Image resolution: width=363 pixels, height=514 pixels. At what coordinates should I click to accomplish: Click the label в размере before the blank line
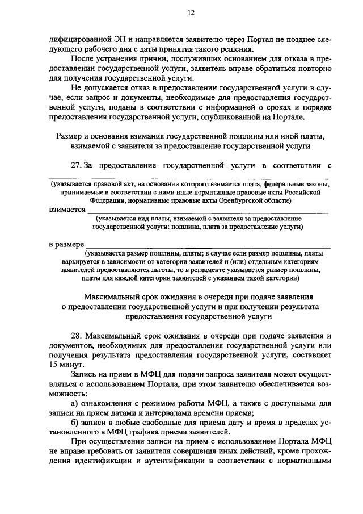click(x=66, y=244)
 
